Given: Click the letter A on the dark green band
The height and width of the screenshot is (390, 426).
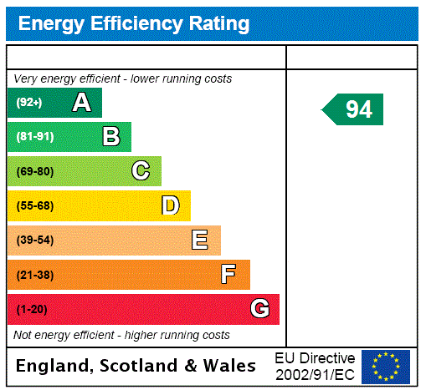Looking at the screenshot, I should click(x=81, y=103).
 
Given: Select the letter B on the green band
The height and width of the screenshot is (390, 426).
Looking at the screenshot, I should click(x=110, y=137).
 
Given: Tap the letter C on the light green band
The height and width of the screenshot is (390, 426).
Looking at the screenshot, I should click(x=141, y=171).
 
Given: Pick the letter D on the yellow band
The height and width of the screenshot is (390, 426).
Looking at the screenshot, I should click(x=170, y=205).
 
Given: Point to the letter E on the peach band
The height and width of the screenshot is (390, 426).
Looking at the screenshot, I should click(x=199, y=241).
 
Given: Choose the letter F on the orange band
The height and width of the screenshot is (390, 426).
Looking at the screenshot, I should click(x=228, y=275).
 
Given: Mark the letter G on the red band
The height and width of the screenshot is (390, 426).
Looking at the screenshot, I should click(x=259, y=309).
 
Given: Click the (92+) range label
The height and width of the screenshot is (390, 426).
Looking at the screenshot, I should click(x=29, y=103).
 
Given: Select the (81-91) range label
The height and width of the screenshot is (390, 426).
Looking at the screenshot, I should click(x=34, y=137).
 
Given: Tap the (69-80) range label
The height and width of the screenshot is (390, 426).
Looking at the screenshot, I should click(x=34, y=171).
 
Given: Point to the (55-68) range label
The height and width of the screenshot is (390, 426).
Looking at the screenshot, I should click(x=34, y=205).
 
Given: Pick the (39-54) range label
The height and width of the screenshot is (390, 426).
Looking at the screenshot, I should click(x=34, y=241).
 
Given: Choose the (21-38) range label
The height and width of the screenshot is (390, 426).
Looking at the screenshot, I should click(x=34, y=275).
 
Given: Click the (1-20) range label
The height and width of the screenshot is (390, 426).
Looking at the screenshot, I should click(x=32, y=309).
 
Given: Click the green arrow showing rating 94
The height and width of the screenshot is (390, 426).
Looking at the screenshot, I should click(x=354, y=109).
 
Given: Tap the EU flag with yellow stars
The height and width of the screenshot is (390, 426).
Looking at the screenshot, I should click(x=385, y=366).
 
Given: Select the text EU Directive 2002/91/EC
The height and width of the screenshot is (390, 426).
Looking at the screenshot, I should click(x=315, y=366).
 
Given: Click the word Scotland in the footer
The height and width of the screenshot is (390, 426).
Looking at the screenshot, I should click(x=146, y=366).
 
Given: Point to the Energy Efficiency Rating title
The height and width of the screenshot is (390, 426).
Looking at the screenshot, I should click(x=134, y=23).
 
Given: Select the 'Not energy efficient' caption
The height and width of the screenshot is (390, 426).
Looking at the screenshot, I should click(x=121, y=335).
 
